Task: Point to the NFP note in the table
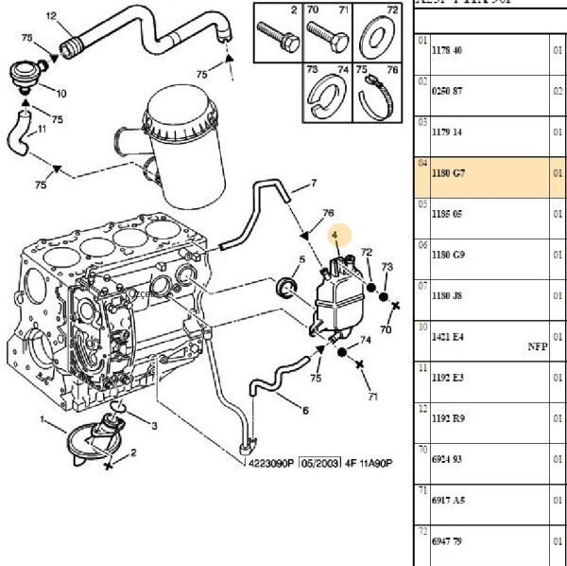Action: point(537,346)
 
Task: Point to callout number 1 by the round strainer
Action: point(43,419)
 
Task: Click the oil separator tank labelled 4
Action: point(333,293)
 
